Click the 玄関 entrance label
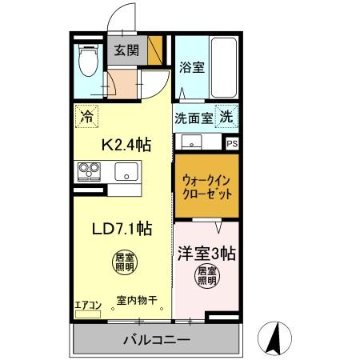click(x=126, y=51)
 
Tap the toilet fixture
click(x=88, y=58)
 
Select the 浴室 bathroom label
click(x=192, y=68)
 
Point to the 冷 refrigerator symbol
click(x=86, y=116)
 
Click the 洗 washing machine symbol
click(x=227, y=116)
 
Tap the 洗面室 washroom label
click(x=194, y=118)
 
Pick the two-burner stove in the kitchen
click(x=89, y=171)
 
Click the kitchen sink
click(x=126, y=171)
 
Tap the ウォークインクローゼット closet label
click(x=206, y=187)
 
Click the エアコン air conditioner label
click(x=87, y=304)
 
